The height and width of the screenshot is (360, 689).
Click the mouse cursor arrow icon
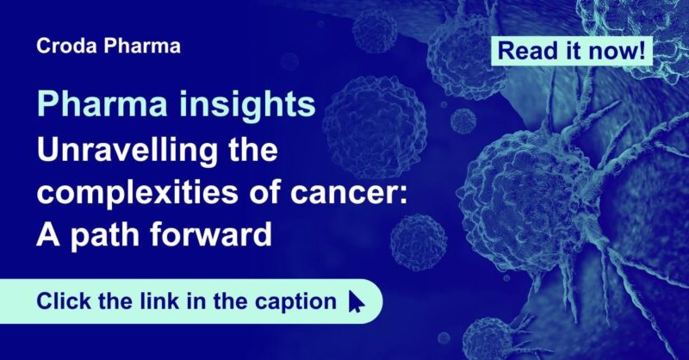click(x=356, y=301)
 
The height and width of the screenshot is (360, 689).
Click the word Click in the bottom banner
click(x=63, y=301)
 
